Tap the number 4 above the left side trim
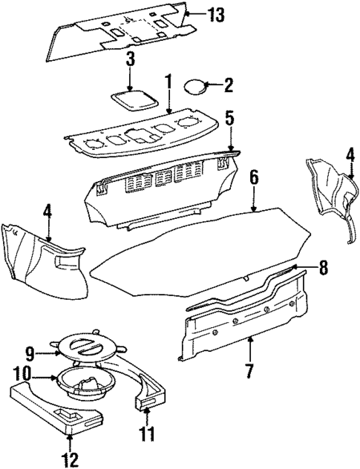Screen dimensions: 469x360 48,211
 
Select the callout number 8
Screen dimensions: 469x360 323,268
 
